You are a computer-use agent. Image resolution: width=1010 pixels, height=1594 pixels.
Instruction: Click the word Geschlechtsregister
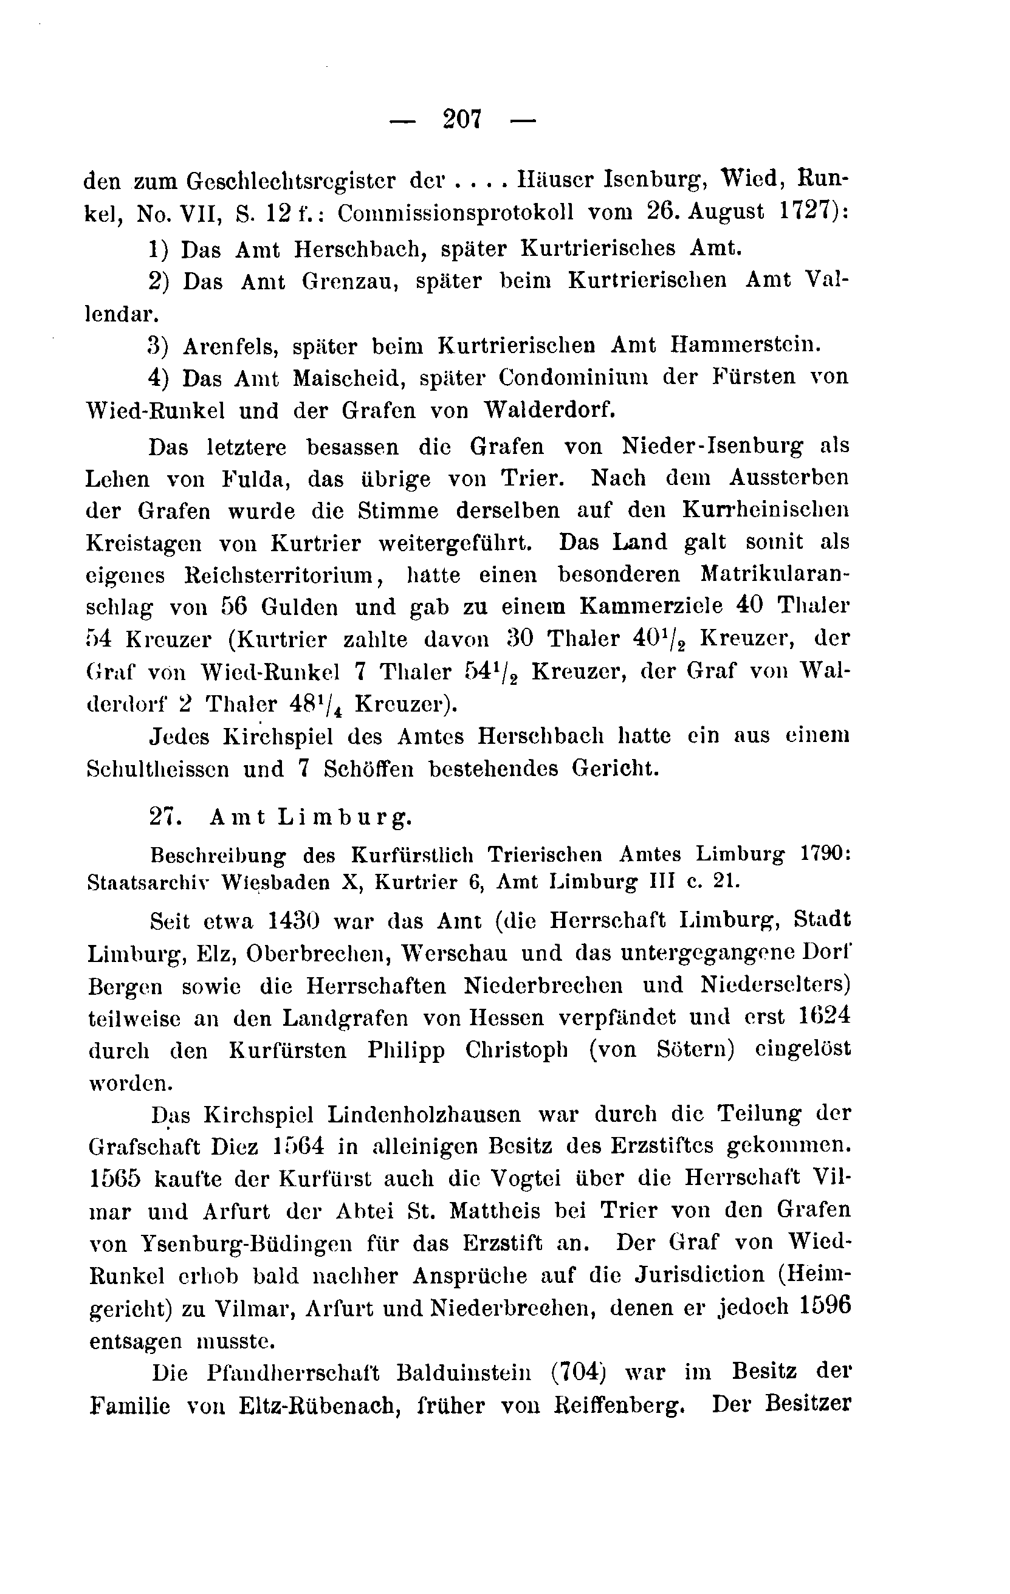pos(290,180)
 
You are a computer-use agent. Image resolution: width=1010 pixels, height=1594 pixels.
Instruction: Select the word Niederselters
pos(775,986)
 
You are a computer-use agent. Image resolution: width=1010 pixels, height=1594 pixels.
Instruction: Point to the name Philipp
pos(406,1051)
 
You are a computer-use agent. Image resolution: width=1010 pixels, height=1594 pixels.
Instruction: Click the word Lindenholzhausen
pos(423,1115)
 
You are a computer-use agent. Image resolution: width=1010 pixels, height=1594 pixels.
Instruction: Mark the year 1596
pos(825,1307)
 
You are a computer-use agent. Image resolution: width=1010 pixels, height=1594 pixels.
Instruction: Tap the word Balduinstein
pos(463,1372)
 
